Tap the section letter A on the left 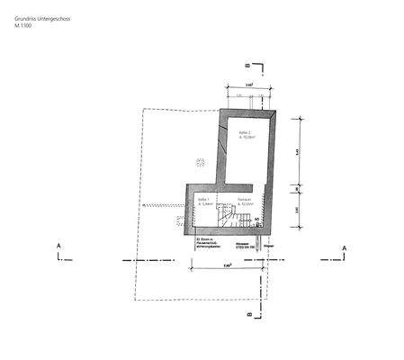pyautogui.click(x=58, y=246)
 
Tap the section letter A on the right pyautogui.click(x=342, y=246)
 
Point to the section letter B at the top pyautogui.click(x=247, y=66)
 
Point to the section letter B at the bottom pyautogui.click(x=247, y=314)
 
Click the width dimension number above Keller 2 pyautogui.click(x=248, y=84)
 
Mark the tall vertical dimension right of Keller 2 pyautogui.click(x=299, y=152)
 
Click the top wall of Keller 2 pyautogui.click(x=248, y=112)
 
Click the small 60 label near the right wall pyautogui.click(x=257, y=219)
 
